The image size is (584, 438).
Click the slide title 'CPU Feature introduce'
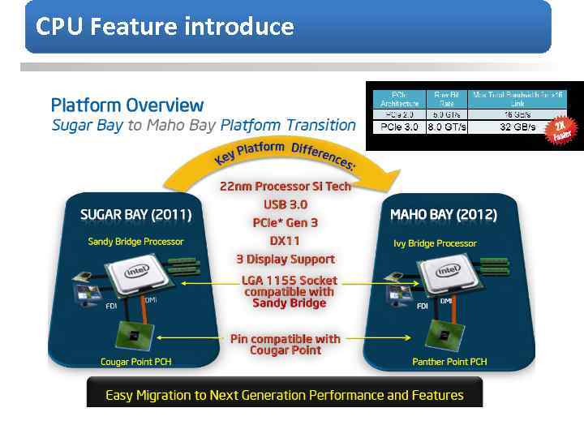pyautogui.click(x=165, y=27)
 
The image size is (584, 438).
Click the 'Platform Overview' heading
pyautogui.click(x=127, y=105)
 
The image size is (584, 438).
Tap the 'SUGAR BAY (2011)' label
pyautogui.click(x=136, y=215)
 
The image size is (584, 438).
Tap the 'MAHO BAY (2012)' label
pyautogui.click(x=444, y=215)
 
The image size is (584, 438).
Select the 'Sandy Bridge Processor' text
pyautogui.click(x=135, y=242)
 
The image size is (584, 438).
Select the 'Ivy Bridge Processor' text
pyautogui.click(x=436, y=243)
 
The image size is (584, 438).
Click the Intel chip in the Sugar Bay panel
pyautogui.click(x=136, y=272)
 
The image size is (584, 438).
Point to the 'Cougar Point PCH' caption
pyautogui.click(x=135, y=362)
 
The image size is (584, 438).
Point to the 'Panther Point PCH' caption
pyautogui.click(x=449, y=362)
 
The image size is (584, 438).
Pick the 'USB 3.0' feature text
pyautogui.click(x=286, y=204)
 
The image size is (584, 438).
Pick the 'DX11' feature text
pyautogui.click(x=286, y=241)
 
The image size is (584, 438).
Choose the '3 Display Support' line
pyautogui.click(x=286, y=260)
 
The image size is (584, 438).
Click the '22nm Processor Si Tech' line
pyautogui.click(x=286, y=187)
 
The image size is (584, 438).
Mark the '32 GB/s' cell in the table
pyautogui.click(x=517, y=127)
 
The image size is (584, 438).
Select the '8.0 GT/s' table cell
pyautogui.click(x=447, y=127)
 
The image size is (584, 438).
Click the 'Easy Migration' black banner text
pyautogui.click(x=285, y=395)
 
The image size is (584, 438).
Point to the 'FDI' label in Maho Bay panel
pyautogui.click(x=423, y=307)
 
